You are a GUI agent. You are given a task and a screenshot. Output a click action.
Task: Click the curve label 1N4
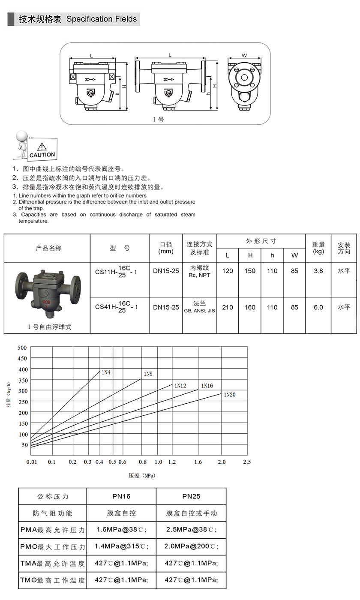pyautogui.click(x=105, y=372)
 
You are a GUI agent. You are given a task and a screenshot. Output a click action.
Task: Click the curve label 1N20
pyautogui.click(x=229, y=394)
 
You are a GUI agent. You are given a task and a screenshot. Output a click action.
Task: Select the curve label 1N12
pyautogui.click(x=180, y=386)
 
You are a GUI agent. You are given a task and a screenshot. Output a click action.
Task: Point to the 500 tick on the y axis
pyautogui.click(x=22, y=348)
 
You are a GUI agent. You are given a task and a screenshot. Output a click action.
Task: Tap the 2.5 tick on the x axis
pyautogui.click(x=247, y=462)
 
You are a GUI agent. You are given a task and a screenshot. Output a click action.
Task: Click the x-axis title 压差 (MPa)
pyautogui.click(x=141, y=475)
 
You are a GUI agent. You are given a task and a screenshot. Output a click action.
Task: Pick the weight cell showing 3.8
pyautogui.click(x=318, y=271)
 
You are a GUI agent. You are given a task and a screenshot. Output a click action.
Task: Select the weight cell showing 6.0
pyautogui.click(x=318, y=307)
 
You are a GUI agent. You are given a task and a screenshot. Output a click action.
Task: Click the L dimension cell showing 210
pyautogui.click(x=228, y=307)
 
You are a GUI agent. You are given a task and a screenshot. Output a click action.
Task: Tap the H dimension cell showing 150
pyautogui.click(x=250, y=271)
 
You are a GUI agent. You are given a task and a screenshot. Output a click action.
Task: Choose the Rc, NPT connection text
pyautogui.click(x=199, y=275)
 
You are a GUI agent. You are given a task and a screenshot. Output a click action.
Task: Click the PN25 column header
pyautogui.click(x=191, y=496)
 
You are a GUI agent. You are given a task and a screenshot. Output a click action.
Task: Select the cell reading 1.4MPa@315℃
pyautogui.click(x=121, y=546)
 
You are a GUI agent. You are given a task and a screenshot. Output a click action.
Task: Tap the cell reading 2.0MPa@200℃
pyautogui.click(x=191, y=546)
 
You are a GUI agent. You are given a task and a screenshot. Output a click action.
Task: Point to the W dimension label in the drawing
pyautogui.click(x=244, y=55)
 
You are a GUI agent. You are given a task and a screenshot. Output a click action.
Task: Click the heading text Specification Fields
pyautogui.click(x=102, y=19)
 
